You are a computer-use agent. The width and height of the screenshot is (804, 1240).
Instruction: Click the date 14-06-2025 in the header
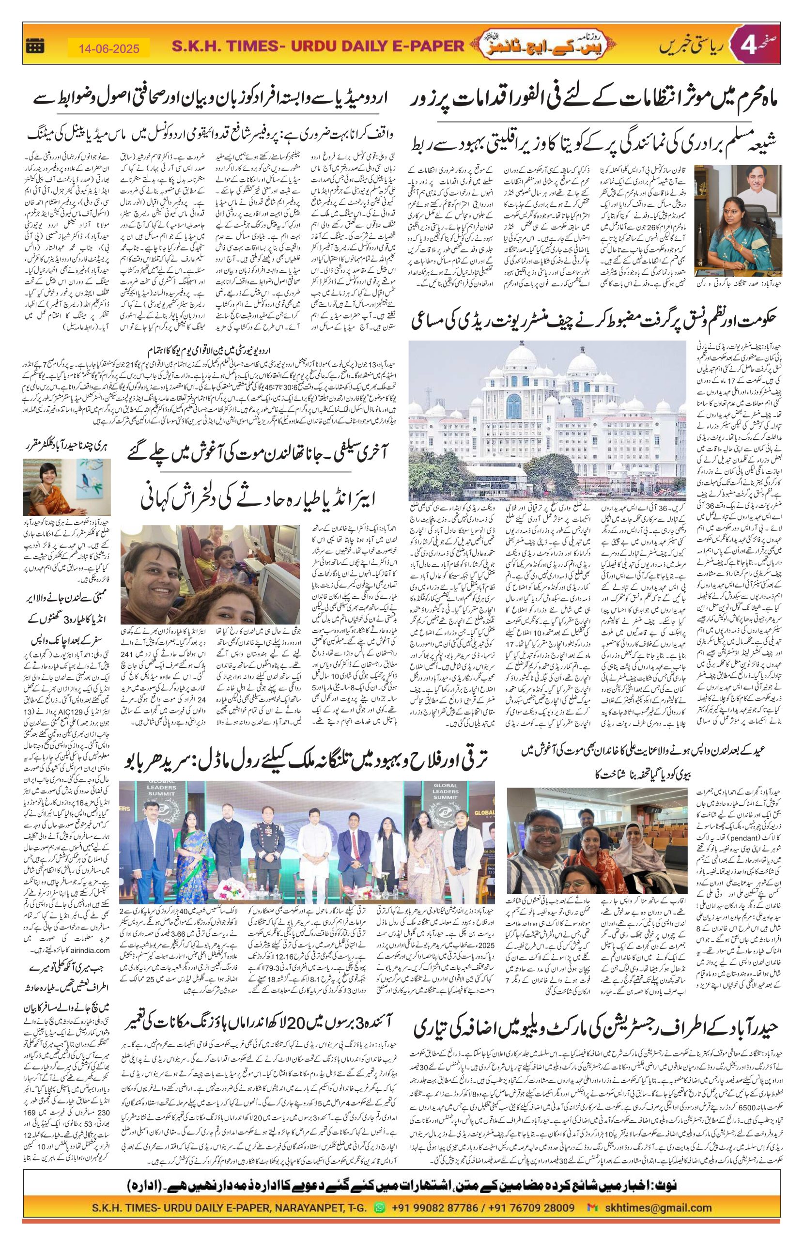point(109,49)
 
